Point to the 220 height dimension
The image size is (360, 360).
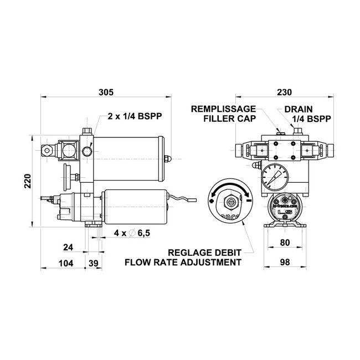28,179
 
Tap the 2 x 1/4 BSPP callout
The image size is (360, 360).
135,117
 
